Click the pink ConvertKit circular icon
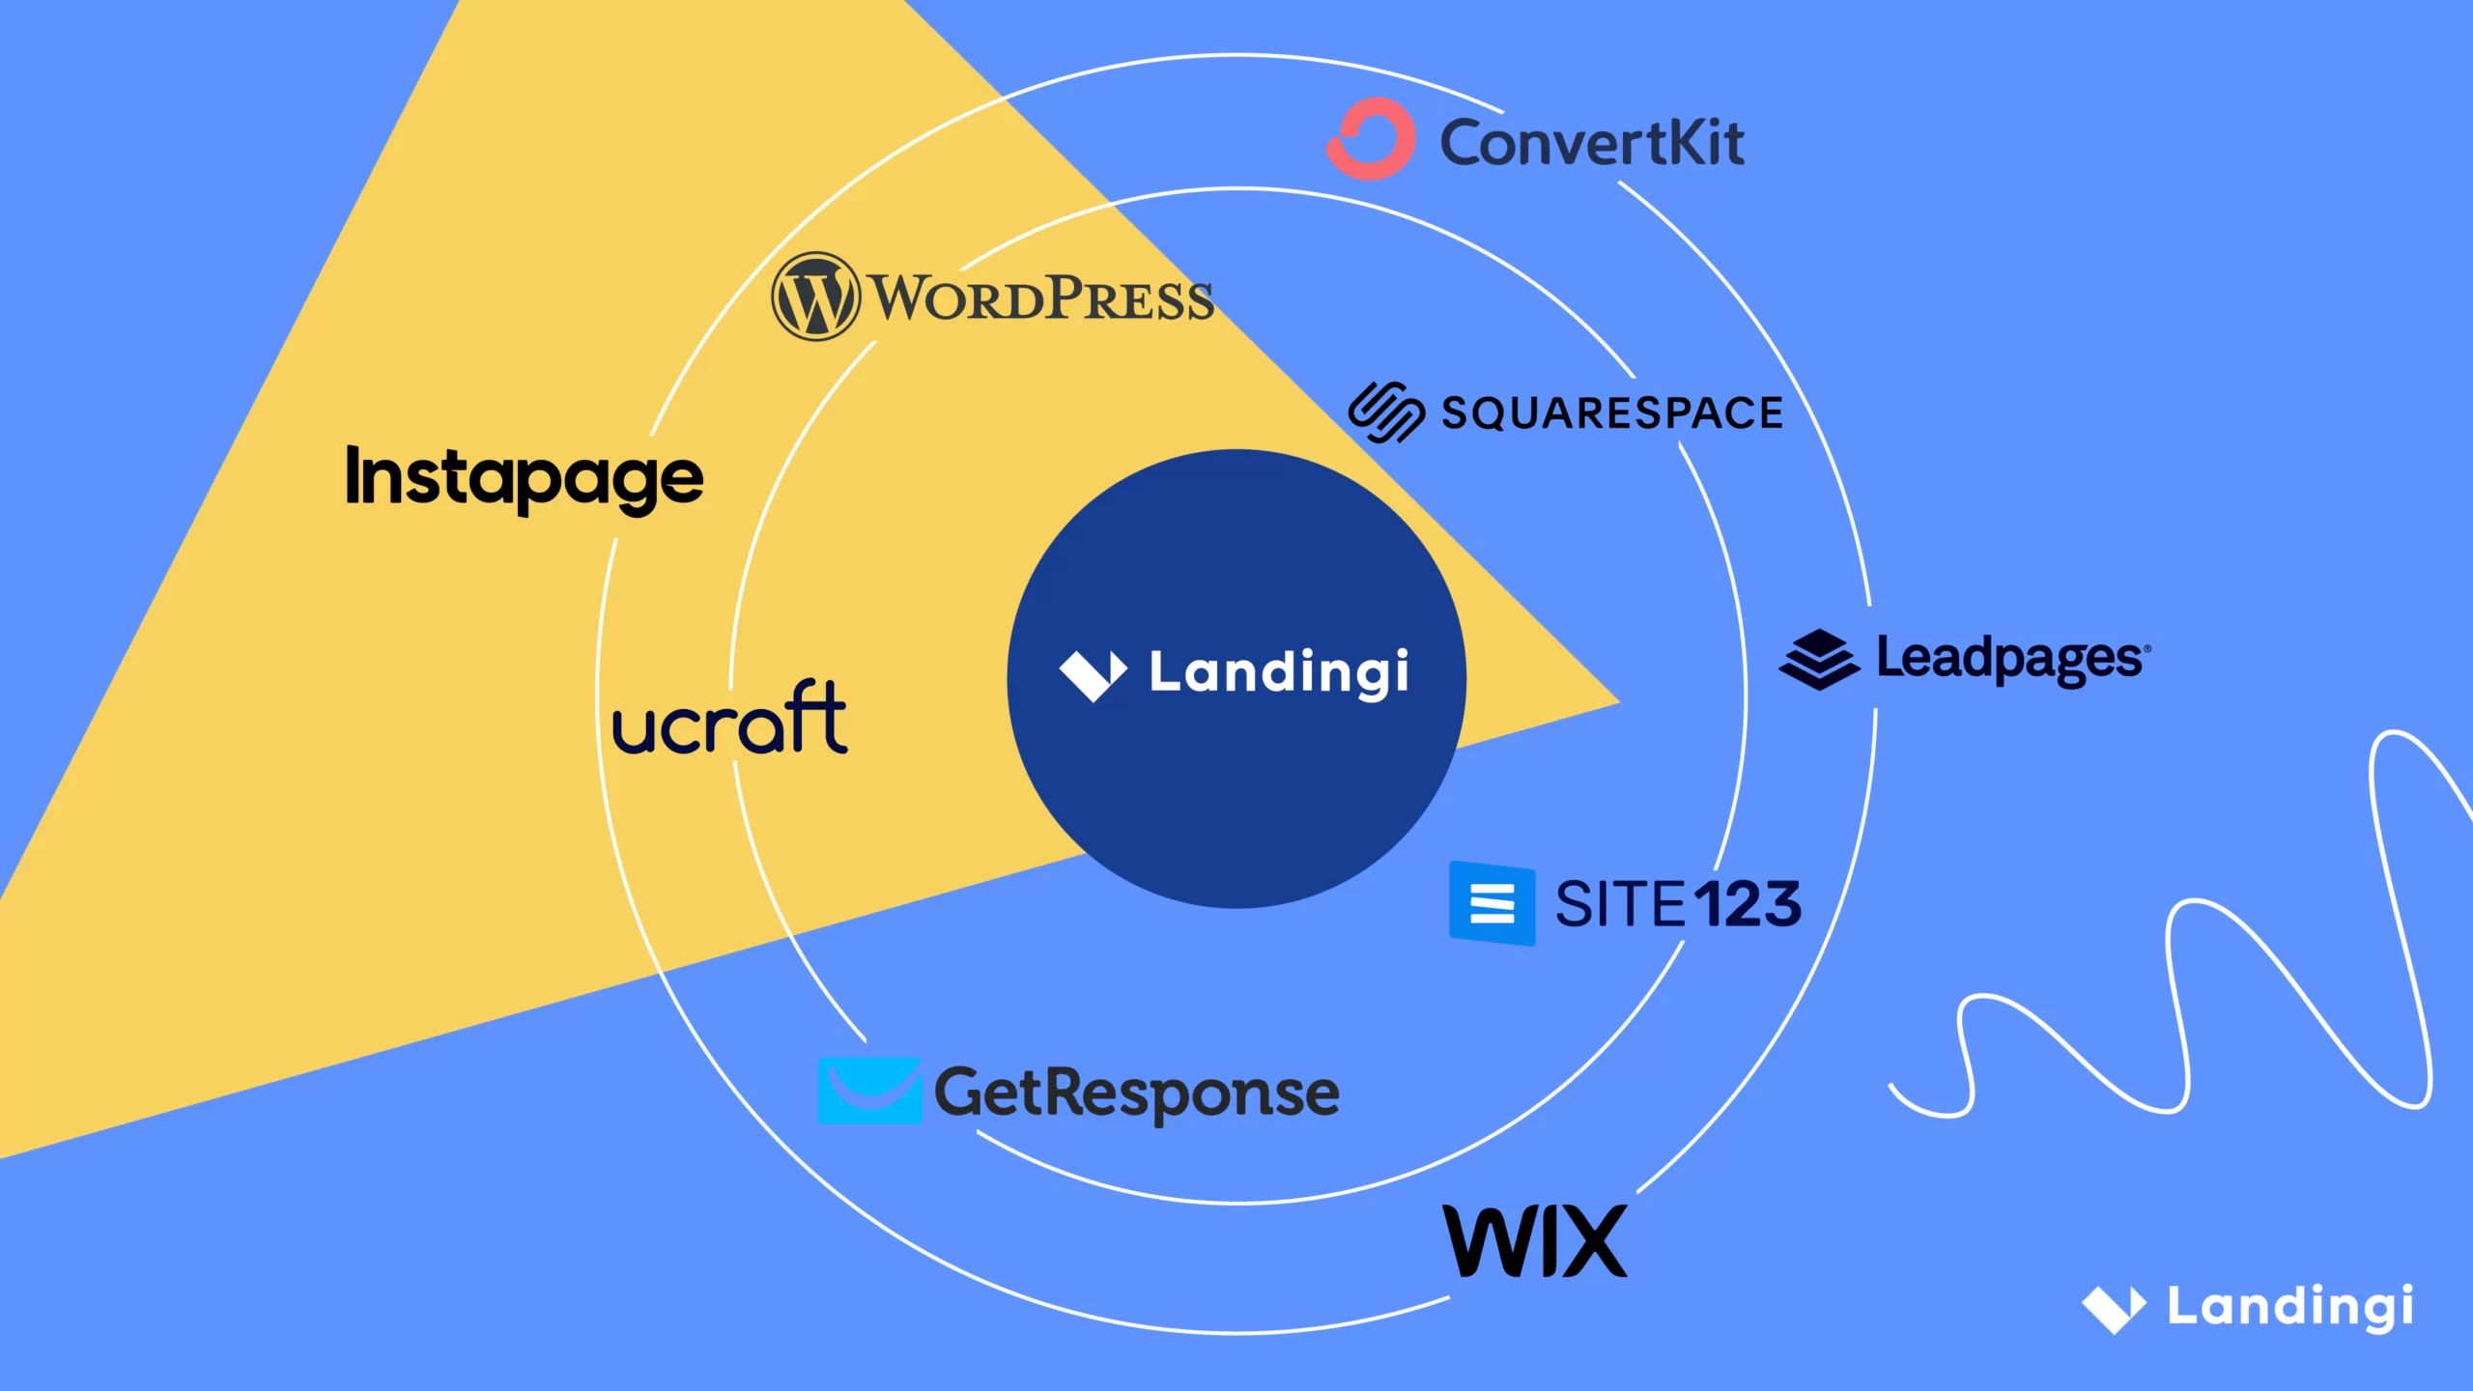1371,139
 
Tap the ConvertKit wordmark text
1592,144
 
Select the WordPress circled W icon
815,297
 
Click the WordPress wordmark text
1041,298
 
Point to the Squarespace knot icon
1385,412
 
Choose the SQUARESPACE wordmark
1611,413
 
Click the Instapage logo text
525,477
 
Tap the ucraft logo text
730,720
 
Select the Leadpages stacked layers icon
1818,660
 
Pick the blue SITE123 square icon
1492,903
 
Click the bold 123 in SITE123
1748,904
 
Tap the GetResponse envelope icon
869,1091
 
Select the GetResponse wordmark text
1136,1093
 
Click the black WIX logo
1534,1241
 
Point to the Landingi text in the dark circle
1278,672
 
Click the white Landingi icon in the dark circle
1093,674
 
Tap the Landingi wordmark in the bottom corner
2290,1307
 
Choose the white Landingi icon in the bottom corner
2114,1309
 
